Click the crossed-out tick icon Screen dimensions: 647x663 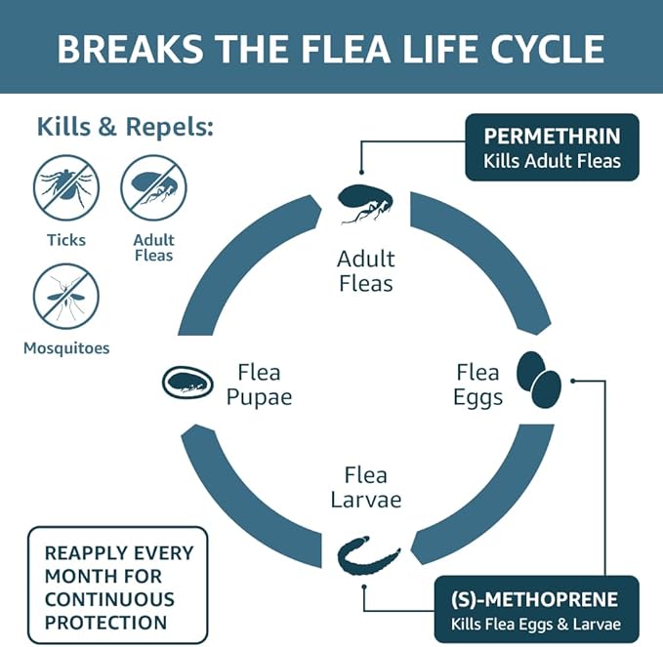(x=66, y=188)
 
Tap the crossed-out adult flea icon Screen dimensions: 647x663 (x=153, y=188)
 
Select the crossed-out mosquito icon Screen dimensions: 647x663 (x=66, y=296)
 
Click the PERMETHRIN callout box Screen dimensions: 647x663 (x=553, y=147)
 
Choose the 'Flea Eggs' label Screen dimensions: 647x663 (x=478, y=384)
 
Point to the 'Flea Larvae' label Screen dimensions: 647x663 (x=365, y=487)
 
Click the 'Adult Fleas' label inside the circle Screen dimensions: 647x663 (x=365, y=271)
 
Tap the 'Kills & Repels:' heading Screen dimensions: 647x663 (x=125, y=127)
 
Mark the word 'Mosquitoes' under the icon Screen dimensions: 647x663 (x=66, y=347)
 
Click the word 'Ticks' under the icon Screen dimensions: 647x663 (x=66, y=240)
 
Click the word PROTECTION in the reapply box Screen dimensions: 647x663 (x=105, y=622)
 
